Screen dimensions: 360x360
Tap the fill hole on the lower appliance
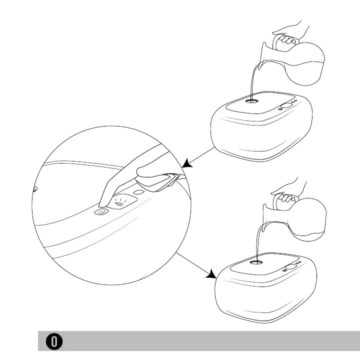coord(256,260)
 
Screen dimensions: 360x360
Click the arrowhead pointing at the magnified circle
coord(187,163)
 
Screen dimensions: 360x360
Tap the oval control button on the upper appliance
coord(286,106)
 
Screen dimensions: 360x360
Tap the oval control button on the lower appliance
coord(289,266)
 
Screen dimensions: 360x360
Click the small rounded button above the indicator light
coord(138,192)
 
